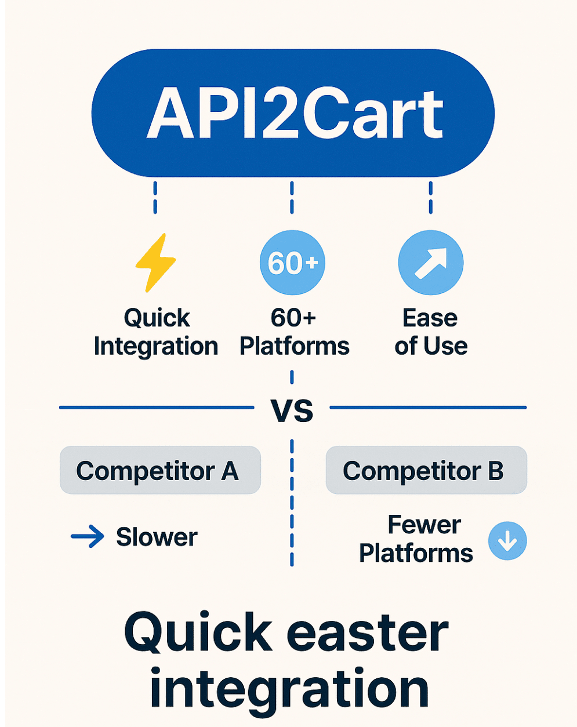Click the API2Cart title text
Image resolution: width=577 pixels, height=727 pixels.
pyautogui.click(x=295, y=114)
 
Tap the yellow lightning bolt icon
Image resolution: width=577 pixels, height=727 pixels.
pyautogui.click(x=155, y=263)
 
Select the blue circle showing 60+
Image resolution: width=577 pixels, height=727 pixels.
pyautogui.click(x=293, y=263)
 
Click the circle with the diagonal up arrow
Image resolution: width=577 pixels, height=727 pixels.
pyautogui.click(x=430, y=263)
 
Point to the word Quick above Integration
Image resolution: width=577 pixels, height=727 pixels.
pyautogui.click(x=157, y=318)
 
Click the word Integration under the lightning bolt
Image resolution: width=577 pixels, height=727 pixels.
pyautogui.click(x=155, y=346)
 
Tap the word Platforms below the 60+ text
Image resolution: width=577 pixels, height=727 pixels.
pyautogui.click(x=294, y=346)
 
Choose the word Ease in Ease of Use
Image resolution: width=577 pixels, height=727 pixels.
pyautogui.click(x=430, y=318)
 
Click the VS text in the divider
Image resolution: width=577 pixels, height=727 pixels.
pyautogui.click(x=292, y=410)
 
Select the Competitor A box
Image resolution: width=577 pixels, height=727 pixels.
pyautogui.click(x=160, y=470)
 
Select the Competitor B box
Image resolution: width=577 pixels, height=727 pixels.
pyautogui.click(x=426, y=470)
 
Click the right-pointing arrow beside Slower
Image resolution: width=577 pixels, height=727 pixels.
pyautogui.click(x=88, y=537)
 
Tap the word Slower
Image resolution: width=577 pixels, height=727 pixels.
pyautogui.click(x=157, y=537)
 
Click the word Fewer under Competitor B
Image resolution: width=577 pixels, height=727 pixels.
pyautogui.click(x=424, y=525)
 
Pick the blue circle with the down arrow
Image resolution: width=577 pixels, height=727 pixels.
pyautogui.click(x=507, y=541)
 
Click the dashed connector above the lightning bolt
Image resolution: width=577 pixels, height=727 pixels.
pyautogui.click(x=155, y=197)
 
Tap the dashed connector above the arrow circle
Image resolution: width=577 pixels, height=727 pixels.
pyautogui.click(x=430, y=197)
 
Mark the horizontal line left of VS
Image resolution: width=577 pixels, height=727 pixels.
pyautogui.click(x=157, y=408)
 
